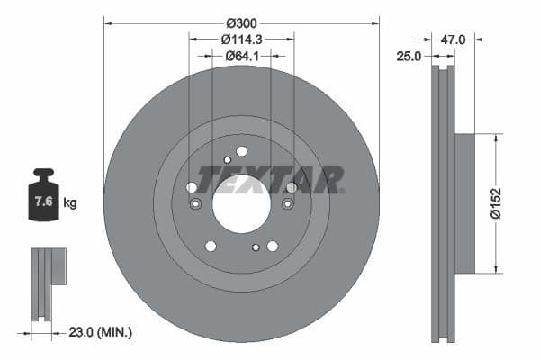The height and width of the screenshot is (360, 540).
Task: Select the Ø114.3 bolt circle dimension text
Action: click(x=241, y=39)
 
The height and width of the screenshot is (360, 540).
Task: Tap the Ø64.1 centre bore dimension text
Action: click(x=241, y=56)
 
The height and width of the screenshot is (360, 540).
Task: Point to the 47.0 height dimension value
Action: click(x=453, y=40)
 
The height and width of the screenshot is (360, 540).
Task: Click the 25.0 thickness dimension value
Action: click(x=409, y=56)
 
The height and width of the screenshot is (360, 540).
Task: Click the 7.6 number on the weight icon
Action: click(x=42, y=202)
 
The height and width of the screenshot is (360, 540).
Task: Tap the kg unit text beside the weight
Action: click(x=70, y=203)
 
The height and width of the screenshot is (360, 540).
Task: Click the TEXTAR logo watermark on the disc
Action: click(x=270, y=179)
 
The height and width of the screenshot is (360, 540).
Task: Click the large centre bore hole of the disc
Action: click(x=241, y=203)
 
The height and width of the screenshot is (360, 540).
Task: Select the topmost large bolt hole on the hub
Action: click(x=241, y=151)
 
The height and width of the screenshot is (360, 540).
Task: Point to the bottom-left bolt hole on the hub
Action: click(x=211, y=246)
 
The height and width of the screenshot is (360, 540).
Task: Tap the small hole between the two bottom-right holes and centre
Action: click(x=256, y=247)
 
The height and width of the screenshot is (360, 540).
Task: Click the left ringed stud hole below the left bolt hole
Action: click(x=195, y=204)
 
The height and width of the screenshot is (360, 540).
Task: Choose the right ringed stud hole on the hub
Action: click(x=287, y=204)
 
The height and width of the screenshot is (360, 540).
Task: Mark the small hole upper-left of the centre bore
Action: click(x=226, y=160)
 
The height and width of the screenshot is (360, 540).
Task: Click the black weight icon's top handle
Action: click(x=42, y=173)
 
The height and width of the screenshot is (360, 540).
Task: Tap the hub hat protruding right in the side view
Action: click(x=463, y=203)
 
